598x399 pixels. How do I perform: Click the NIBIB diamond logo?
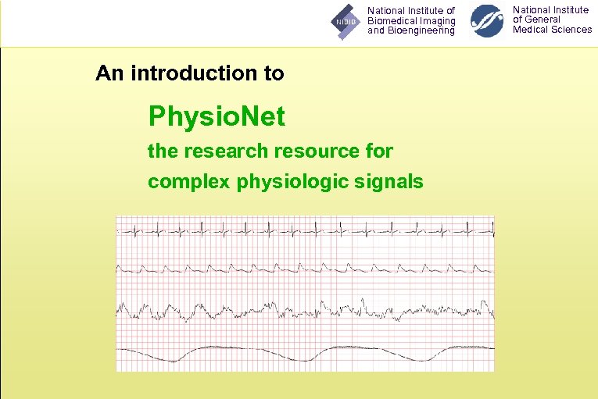(x=345, y=22)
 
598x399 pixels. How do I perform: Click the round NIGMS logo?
(x=487, y=21)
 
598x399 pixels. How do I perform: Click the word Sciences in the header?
(x=572, y=30)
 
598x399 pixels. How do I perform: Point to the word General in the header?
(x=542, y=20)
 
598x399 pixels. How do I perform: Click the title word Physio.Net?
(x=217, y=118)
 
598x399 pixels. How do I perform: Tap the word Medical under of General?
(x=532, y=30)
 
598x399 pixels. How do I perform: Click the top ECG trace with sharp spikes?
(x=305, y=230)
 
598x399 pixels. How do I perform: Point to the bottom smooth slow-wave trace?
(x=305, y=349)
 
